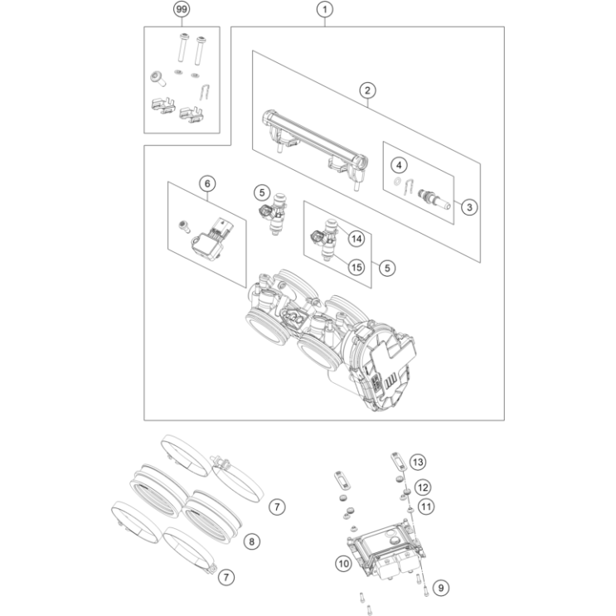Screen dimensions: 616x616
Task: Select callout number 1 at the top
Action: point(326,10)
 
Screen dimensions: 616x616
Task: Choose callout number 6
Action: point(206,182)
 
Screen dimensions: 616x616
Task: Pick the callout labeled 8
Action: point(254,541)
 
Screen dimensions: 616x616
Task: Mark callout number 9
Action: point(441,588)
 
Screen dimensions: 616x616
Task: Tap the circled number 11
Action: point(425,505)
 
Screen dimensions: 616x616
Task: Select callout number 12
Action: point(423,487)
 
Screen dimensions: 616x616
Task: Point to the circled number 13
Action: point(417,461)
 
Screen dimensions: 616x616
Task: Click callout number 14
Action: point(356,239)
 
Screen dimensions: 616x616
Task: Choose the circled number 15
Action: point(356,267)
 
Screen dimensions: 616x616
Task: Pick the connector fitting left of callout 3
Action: point(433,200)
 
